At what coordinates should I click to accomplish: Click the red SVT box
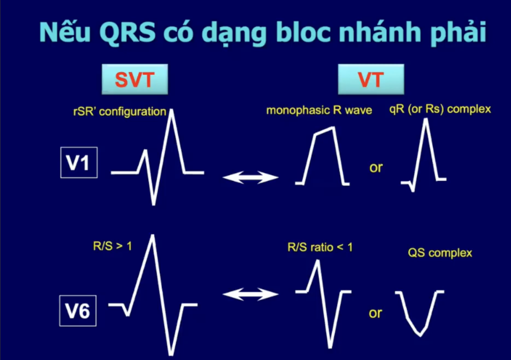coord(134,79)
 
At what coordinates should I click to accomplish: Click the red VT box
coord(371,79)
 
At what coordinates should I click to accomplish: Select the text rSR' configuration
coord(120,112)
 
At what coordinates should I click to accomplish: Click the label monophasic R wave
coord(319,110)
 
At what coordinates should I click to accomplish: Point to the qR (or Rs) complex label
coord(440,109)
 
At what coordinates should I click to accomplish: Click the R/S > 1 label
coord(112,245)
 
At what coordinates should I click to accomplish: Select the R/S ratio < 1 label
coord(320,247)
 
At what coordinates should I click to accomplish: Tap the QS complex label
coord(440,253)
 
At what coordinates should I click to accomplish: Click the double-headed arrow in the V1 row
coord(250,177)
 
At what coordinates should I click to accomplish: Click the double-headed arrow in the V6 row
coord(250,294)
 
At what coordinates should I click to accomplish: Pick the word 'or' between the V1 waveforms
coord(376,168)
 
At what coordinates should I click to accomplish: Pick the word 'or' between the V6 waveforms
coord(375,313)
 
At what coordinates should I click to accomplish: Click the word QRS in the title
coord(128,32)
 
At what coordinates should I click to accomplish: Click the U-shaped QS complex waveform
coord(420,334)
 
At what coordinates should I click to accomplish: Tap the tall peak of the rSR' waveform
coord(171,111)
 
